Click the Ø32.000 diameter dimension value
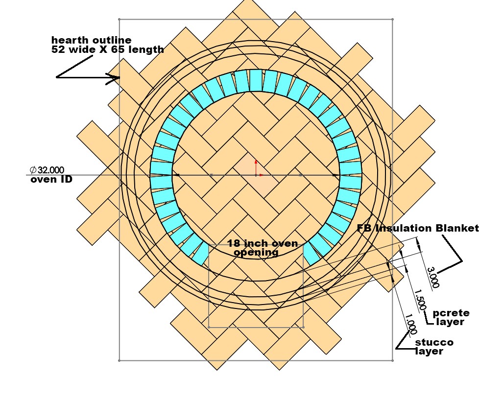[47, 170]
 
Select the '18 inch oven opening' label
[256, 248]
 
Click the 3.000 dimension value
[434, 278]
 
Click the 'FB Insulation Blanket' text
[417, 229]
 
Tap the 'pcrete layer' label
[451, 317]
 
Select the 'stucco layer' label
[434, 347]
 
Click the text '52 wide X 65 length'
[107, 49]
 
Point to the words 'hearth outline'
[92, 40]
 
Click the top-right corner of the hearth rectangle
[393, 20]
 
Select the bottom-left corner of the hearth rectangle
[120, 361]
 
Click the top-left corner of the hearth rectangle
[120, 20]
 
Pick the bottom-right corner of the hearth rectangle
[393, 361]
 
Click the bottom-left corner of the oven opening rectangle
[209, 327]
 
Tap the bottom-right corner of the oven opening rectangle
[303, 327]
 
